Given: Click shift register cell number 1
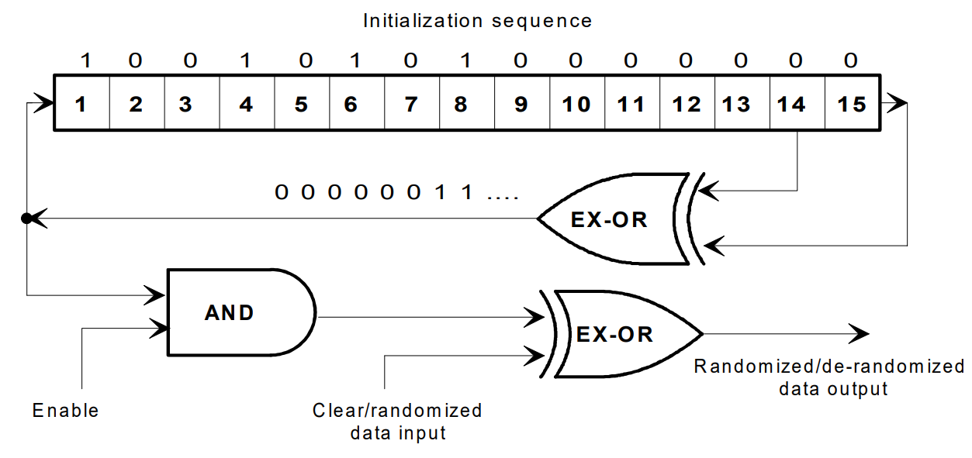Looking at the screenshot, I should point(81,103).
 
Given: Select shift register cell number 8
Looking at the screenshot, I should point(461,103).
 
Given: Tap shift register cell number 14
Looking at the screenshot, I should point(791,103).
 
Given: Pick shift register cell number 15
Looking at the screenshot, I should point(852,103).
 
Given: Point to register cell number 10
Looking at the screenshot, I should point(576,103).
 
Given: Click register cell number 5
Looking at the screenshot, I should point(301,103).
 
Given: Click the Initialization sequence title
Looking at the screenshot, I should point(477,21).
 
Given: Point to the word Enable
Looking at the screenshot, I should point(66,410).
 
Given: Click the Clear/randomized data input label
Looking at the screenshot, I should point(397,421).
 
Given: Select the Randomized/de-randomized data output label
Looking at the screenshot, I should point(829,377).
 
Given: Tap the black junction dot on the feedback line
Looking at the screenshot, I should point(26,219).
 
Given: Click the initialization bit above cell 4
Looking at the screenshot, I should point(245,60).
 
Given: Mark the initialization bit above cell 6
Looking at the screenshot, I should point(355,60).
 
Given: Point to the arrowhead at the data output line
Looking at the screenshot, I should point(860,334).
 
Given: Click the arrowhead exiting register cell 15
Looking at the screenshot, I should point(896,102).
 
